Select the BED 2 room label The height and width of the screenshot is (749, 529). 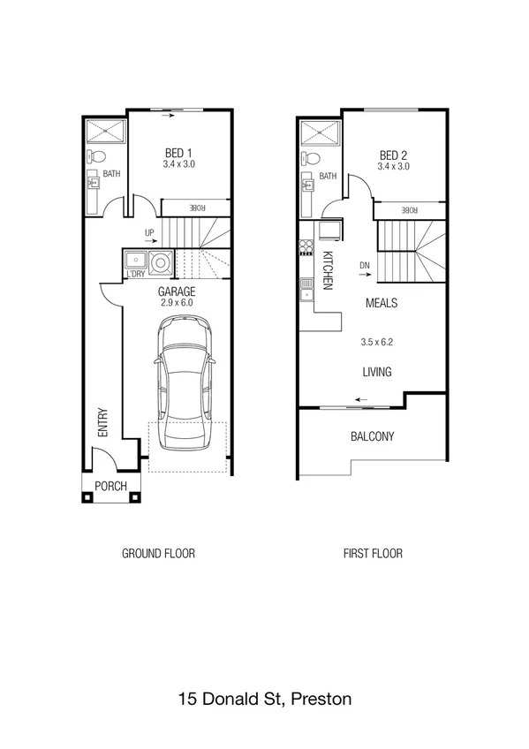point(393,154)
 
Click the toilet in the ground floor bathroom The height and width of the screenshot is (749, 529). point(94,156)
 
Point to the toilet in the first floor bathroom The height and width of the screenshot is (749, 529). point(309,159)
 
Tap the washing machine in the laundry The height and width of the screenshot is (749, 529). point(161,261)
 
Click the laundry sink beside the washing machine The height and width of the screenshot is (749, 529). point(136,260)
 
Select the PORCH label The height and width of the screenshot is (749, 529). point(110,487)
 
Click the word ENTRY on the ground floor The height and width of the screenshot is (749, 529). point(103,421)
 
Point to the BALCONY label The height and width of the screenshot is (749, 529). point(372,436)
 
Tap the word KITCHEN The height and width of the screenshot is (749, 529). point(327,270)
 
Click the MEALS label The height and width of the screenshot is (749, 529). point(382,303)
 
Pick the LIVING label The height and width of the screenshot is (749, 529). point(376,372)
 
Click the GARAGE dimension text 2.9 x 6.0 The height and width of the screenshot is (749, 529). point(176,303)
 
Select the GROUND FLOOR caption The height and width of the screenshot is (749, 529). point(158,554)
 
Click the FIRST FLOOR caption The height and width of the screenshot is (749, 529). point(373,554)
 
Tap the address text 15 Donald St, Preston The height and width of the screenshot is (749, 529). point(264,699)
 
